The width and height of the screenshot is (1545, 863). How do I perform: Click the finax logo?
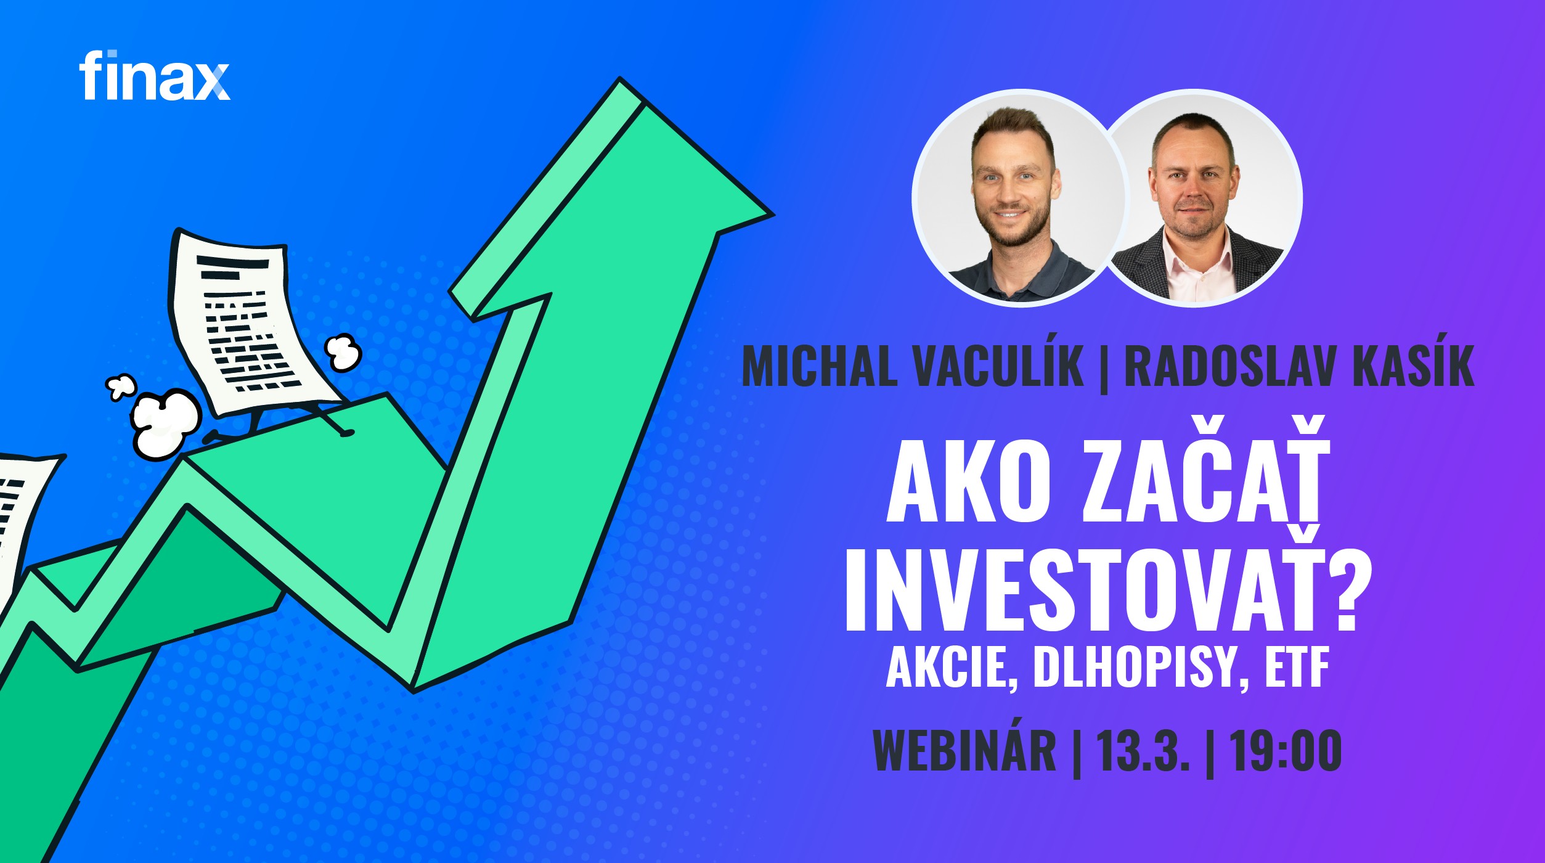[154, 75]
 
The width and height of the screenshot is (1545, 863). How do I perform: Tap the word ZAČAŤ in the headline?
[1205, 469]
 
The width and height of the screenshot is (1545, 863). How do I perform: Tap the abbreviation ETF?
[1297, 668]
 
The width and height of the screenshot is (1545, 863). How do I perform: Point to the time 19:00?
[1286, 750]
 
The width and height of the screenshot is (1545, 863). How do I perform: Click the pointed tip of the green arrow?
[772, 215]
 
